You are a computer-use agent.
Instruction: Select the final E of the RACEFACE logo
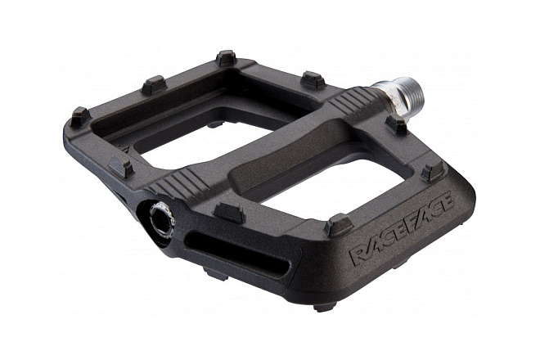(x=447, y=203)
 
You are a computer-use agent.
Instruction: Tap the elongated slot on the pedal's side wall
(x=237, y=253)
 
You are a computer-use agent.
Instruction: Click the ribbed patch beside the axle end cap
(x=180, y=182)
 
